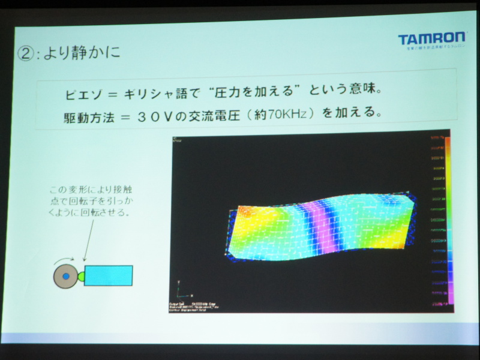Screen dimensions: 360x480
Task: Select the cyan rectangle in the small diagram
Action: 108,275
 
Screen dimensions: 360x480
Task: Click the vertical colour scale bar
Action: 447,222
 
